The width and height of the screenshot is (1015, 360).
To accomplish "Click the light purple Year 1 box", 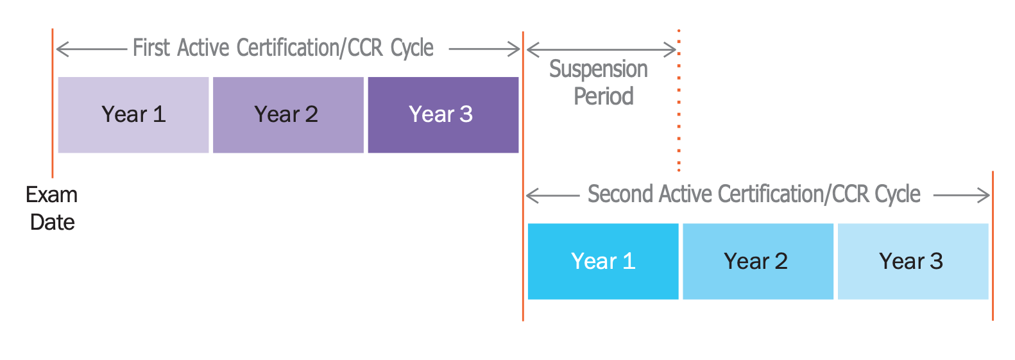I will (133, 115).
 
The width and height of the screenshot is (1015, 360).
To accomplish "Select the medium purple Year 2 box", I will (288, 115).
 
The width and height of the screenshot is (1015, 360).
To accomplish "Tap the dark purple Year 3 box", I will (443, 115).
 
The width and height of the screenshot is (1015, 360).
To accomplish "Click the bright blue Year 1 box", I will (602, 261).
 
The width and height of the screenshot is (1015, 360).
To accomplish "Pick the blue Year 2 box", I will (758, 261).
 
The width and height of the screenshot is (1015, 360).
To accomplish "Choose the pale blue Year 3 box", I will (912, 261).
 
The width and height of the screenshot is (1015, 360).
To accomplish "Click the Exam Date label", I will (52, 208).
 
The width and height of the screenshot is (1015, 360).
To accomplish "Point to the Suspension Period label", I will (599, 82).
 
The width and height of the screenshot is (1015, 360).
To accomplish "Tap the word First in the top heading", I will (151, 48).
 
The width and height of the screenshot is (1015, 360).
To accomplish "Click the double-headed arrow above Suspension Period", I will (601, 49).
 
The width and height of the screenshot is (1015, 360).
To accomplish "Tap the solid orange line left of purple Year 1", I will (52, 103).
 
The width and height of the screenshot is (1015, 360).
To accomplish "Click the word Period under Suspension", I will (604, 96).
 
